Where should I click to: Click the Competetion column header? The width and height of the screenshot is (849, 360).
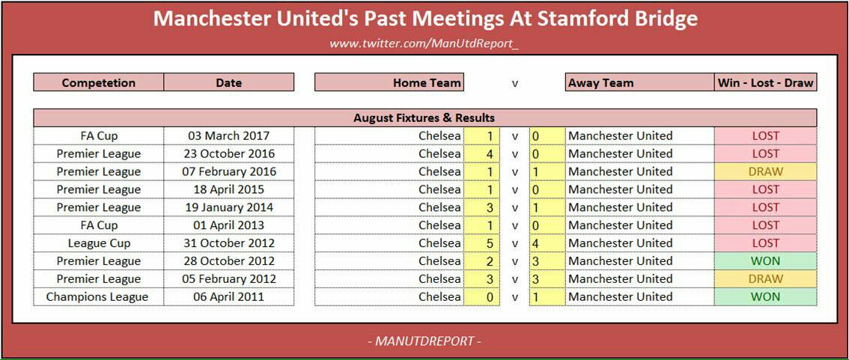point(99,83)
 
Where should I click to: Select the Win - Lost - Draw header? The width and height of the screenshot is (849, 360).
point(766,83)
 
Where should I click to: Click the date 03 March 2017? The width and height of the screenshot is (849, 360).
point(228,136)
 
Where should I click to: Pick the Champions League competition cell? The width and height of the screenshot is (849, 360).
point(97,296)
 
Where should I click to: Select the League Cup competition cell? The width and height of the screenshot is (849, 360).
point(99,243)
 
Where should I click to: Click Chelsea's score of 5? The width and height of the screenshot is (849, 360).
point(490,243)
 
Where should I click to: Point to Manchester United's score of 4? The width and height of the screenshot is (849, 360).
point(535,243)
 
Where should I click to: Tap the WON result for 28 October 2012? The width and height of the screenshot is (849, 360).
point(766,261)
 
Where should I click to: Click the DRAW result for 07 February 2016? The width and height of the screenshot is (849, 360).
point(766,171)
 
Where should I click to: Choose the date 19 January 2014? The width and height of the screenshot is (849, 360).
point(228,207)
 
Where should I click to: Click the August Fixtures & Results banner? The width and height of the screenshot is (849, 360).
point(424,118)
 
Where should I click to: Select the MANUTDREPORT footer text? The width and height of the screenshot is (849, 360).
point(424,341)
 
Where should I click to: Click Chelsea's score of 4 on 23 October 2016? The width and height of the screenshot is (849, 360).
point(490,153)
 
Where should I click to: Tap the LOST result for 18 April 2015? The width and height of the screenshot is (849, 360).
point(766,189)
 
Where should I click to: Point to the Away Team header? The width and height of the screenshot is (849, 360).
point(600,83)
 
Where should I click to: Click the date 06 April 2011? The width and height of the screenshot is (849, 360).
point(228,296)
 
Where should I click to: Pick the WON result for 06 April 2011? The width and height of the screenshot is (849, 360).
point(766,296)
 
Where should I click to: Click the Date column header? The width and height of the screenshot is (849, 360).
point(228,83)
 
